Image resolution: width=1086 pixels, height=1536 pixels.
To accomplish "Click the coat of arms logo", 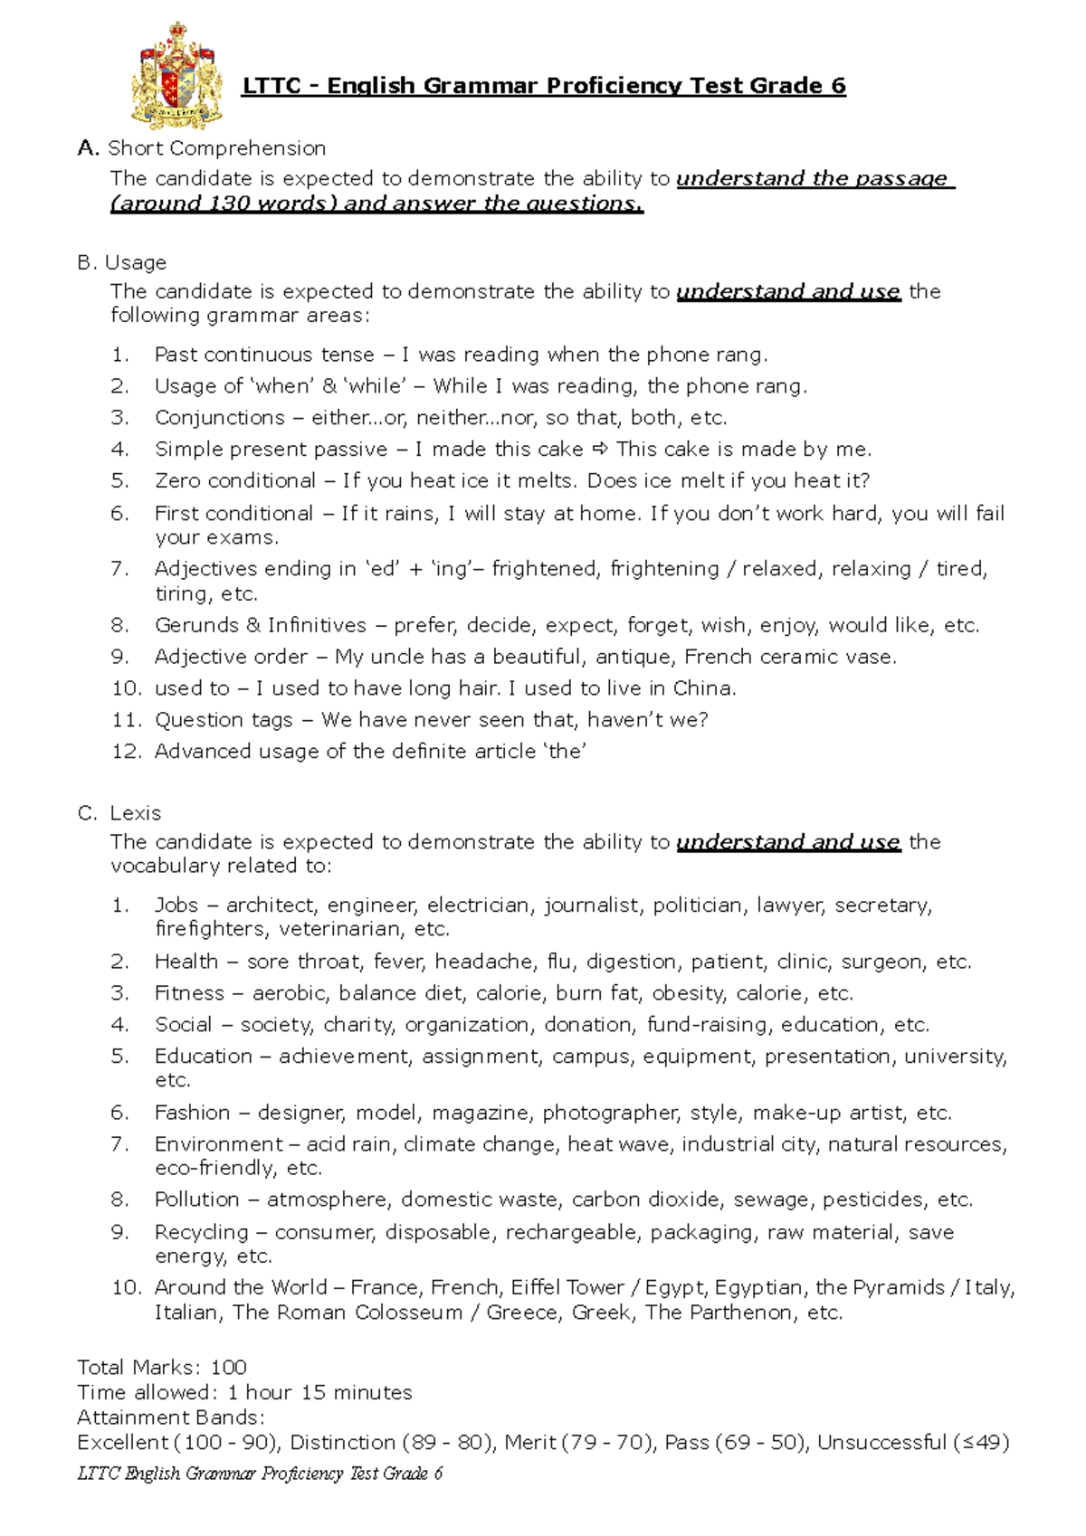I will point(177,75).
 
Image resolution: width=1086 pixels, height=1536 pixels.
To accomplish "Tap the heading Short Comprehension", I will point(216,148).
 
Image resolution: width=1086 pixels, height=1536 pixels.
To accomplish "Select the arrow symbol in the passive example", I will point(601,450).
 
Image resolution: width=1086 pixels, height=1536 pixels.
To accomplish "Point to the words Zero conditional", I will point(235,480).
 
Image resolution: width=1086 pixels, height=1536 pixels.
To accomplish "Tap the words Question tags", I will point(224,720).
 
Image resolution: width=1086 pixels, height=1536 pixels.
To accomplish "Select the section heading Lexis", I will point(136,813).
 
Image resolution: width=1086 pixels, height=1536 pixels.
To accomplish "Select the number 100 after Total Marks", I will point(228,1367).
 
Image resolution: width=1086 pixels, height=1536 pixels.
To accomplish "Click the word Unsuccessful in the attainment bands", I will point(881,1442).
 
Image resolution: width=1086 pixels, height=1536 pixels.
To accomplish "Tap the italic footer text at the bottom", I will point(260,1474).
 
